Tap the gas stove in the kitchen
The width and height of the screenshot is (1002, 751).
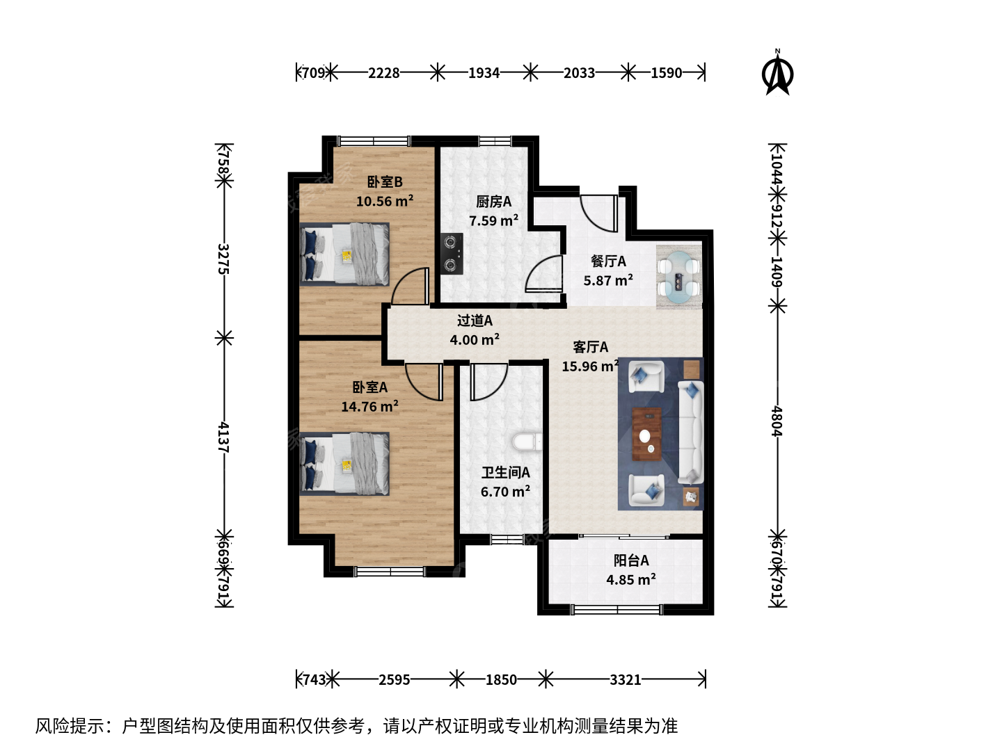[452, 254]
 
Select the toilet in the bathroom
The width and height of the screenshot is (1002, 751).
[527, 442]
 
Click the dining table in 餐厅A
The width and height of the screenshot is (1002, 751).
[679, 277]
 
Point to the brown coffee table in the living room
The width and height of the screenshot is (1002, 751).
[646, 434]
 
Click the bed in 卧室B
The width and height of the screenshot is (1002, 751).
[344, 254]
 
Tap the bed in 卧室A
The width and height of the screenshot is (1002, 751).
[344, 464]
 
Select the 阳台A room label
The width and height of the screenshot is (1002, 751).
[631, 560]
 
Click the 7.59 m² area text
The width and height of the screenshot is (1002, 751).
[493, 220]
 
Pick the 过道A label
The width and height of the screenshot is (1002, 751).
[475, 321]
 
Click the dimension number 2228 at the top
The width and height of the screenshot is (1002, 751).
[384, 73]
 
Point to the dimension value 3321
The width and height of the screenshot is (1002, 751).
[626, 680]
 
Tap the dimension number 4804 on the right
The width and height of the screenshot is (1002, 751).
[777, 421]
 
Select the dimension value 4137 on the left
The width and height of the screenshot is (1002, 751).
[223, 437]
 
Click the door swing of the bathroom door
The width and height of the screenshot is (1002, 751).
[489, 382]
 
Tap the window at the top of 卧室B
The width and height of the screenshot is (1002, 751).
[374, 141]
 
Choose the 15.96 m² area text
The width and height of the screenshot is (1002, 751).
[591, 366]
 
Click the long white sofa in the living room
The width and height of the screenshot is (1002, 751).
[691, 433]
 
